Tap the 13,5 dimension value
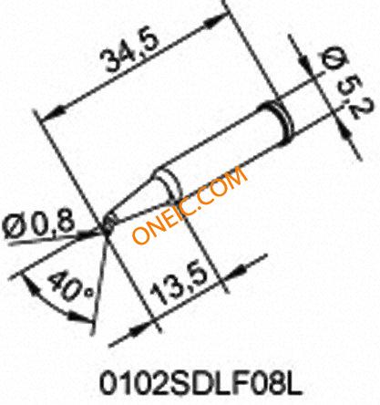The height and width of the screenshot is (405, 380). [180, 284]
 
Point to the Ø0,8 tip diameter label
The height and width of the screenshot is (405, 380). [38, 224]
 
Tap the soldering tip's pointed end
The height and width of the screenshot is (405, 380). [107, 225]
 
